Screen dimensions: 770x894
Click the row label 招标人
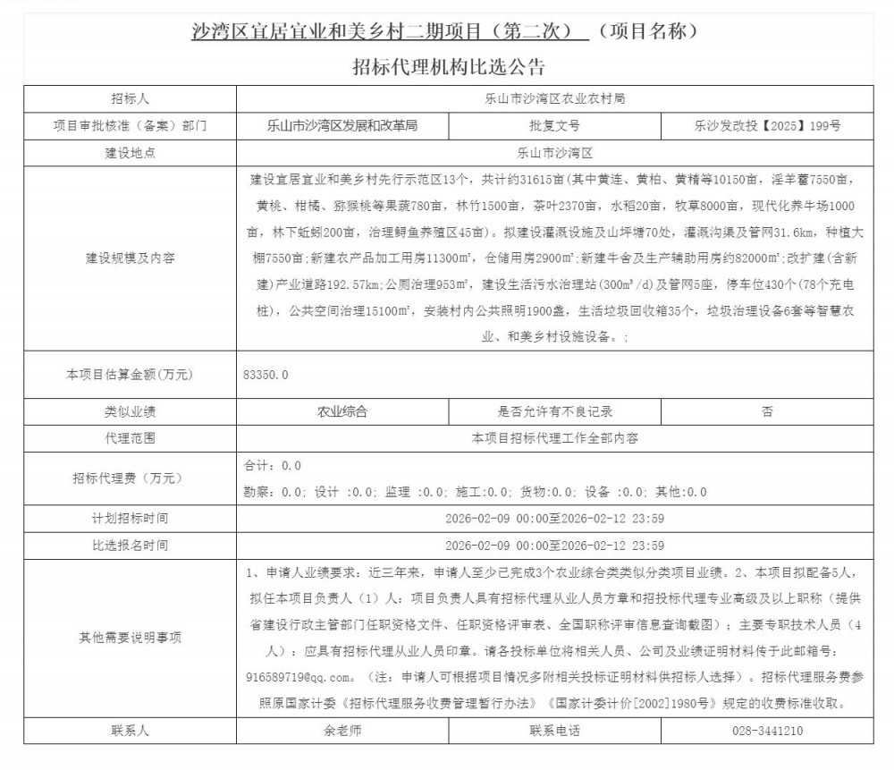(x=130, y=98)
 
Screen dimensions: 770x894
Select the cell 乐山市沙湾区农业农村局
(x=554, y=98)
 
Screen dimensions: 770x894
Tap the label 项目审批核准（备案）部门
(x=130, y=125)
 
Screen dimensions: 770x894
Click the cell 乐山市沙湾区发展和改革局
(x=342, y=125)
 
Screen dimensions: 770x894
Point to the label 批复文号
(x=554, y=125)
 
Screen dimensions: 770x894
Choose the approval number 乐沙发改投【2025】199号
(x=767, y=125)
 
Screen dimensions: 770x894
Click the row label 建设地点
(x=130, y=153)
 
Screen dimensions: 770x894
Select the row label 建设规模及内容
(x=130, y=258)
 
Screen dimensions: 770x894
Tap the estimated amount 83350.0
(x=266, y=375)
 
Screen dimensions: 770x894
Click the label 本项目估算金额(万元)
(x=130, y=375)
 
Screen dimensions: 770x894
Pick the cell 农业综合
(x=342, y=412)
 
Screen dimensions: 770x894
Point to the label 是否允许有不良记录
(x=554, y=412)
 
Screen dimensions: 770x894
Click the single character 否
(x=767, y=412)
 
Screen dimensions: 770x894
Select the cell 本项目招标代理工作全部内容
(x=554, y=439)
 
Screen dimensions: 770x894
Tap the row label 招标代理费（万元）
(x=130, y=478)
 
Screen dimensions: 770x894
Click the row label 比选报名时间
(x=130, y=545)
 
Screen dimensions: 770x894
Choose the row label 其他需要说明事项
(x=130, y=638)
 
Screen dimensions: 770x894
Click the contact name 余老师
(x=342, y=731)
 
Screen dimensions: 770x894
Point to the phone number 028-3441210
(x=767, y=731)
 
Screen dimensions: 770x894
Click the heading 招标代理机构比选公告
(x=448, y=65)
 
